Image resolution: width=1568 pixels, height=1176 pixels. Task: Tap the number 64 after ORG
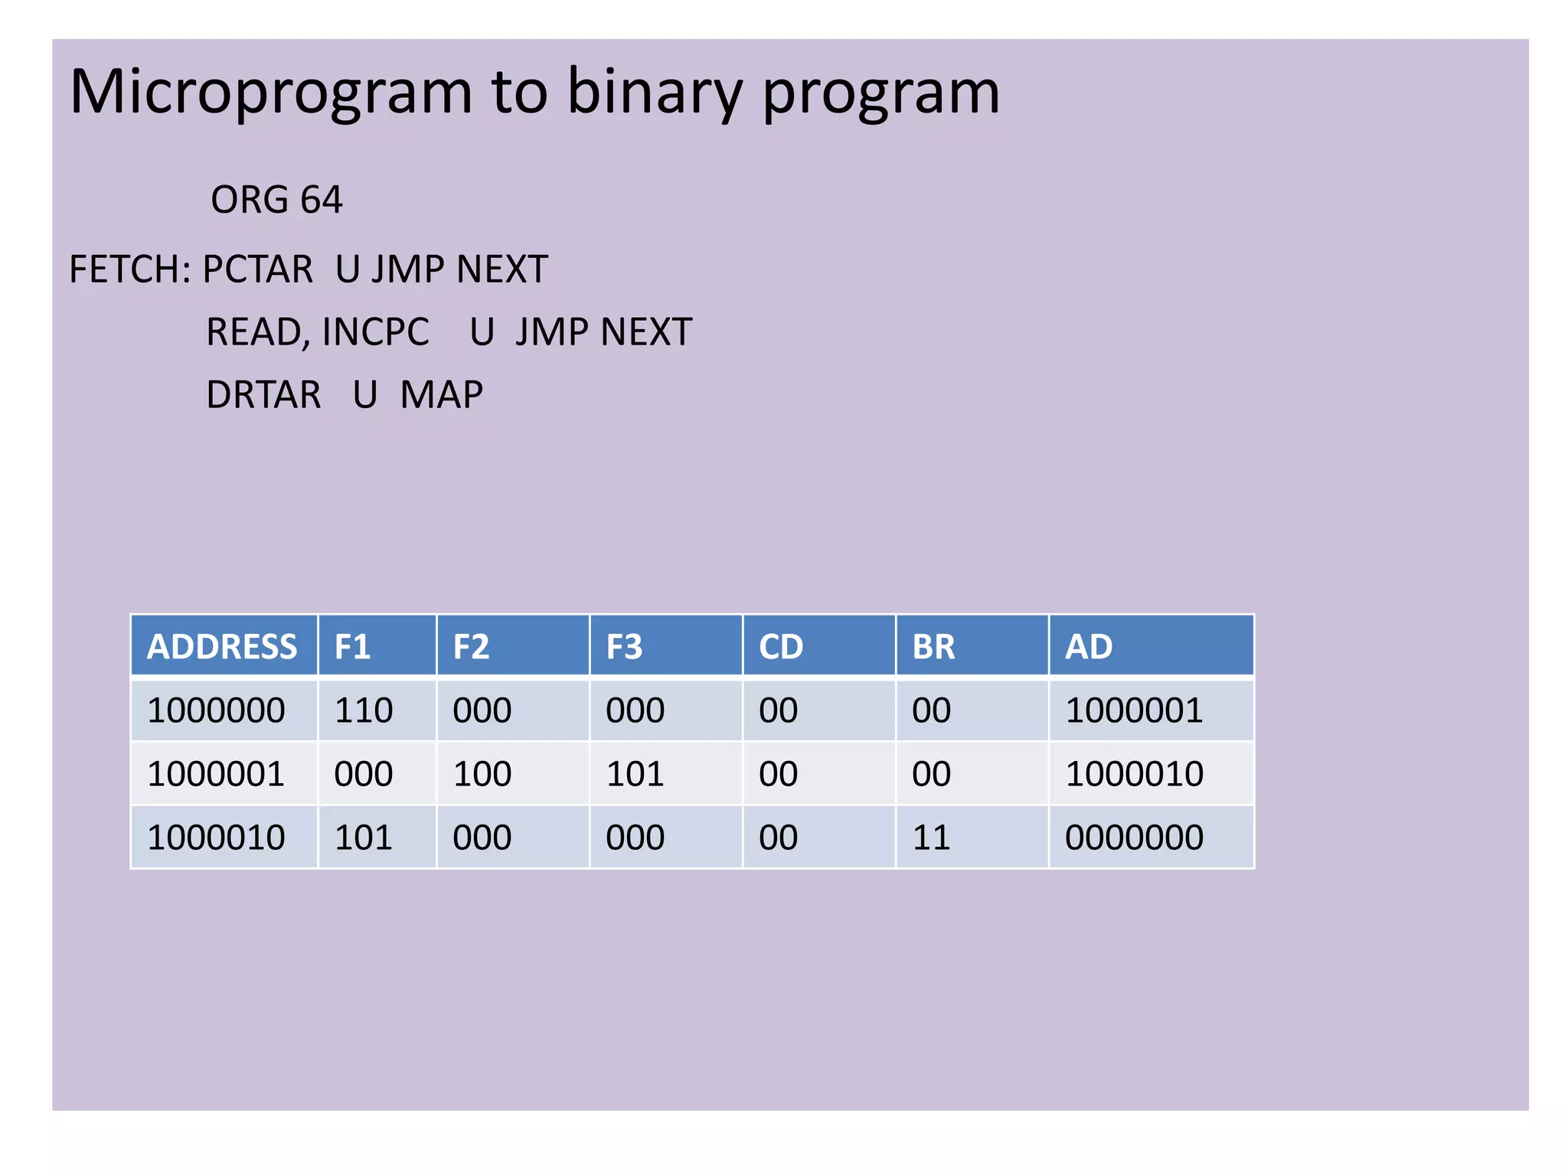[x=322, y=201]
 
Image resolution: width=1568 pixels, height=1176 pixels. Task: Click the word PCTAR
[x=257, y=269]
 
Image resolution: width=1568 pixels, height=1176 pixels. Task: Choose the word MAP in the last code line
[x=441, y=395]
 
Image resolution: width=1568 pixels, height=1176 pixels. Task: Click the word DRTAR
[x=263, y=395]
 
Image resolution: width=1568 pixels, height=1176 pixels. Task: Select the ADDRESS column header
[x=222, y=647]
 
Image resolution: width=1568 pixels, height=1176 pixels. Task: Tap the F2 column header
[x=471, y=647]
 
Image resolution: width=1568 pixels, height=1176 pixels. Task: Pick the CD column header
[x=781, y=647]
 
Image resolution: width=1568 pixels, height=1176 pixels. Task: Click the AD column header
[x=1089, y=647]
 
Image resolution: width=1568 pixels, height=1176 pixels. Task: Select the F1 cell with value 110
[x=364, y=710]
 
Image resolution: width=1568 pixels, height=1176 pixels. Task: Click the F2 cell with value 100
[x=482, y=774]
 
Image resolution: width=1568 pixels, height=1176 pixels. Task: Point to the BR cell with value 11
[x=931, y=838]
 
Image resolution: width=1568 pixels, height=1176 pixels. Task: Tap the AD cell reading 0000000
[x=1134, y=838]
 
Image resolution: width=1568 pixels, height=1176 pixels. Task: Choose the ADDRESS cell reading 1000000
[x=216, y=710]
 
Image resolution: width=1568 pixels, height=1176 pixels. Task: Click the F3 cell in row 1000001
[x=635, y=774]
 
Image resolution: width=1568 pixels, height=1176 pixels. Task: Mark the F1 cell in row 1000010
[x=364, y=838]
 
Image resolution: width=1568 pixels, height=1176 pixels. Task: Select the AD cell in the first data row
[x=1134, y=710]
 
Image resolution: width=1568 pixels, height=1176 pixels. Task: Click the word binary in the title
[x=655, y=93]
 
